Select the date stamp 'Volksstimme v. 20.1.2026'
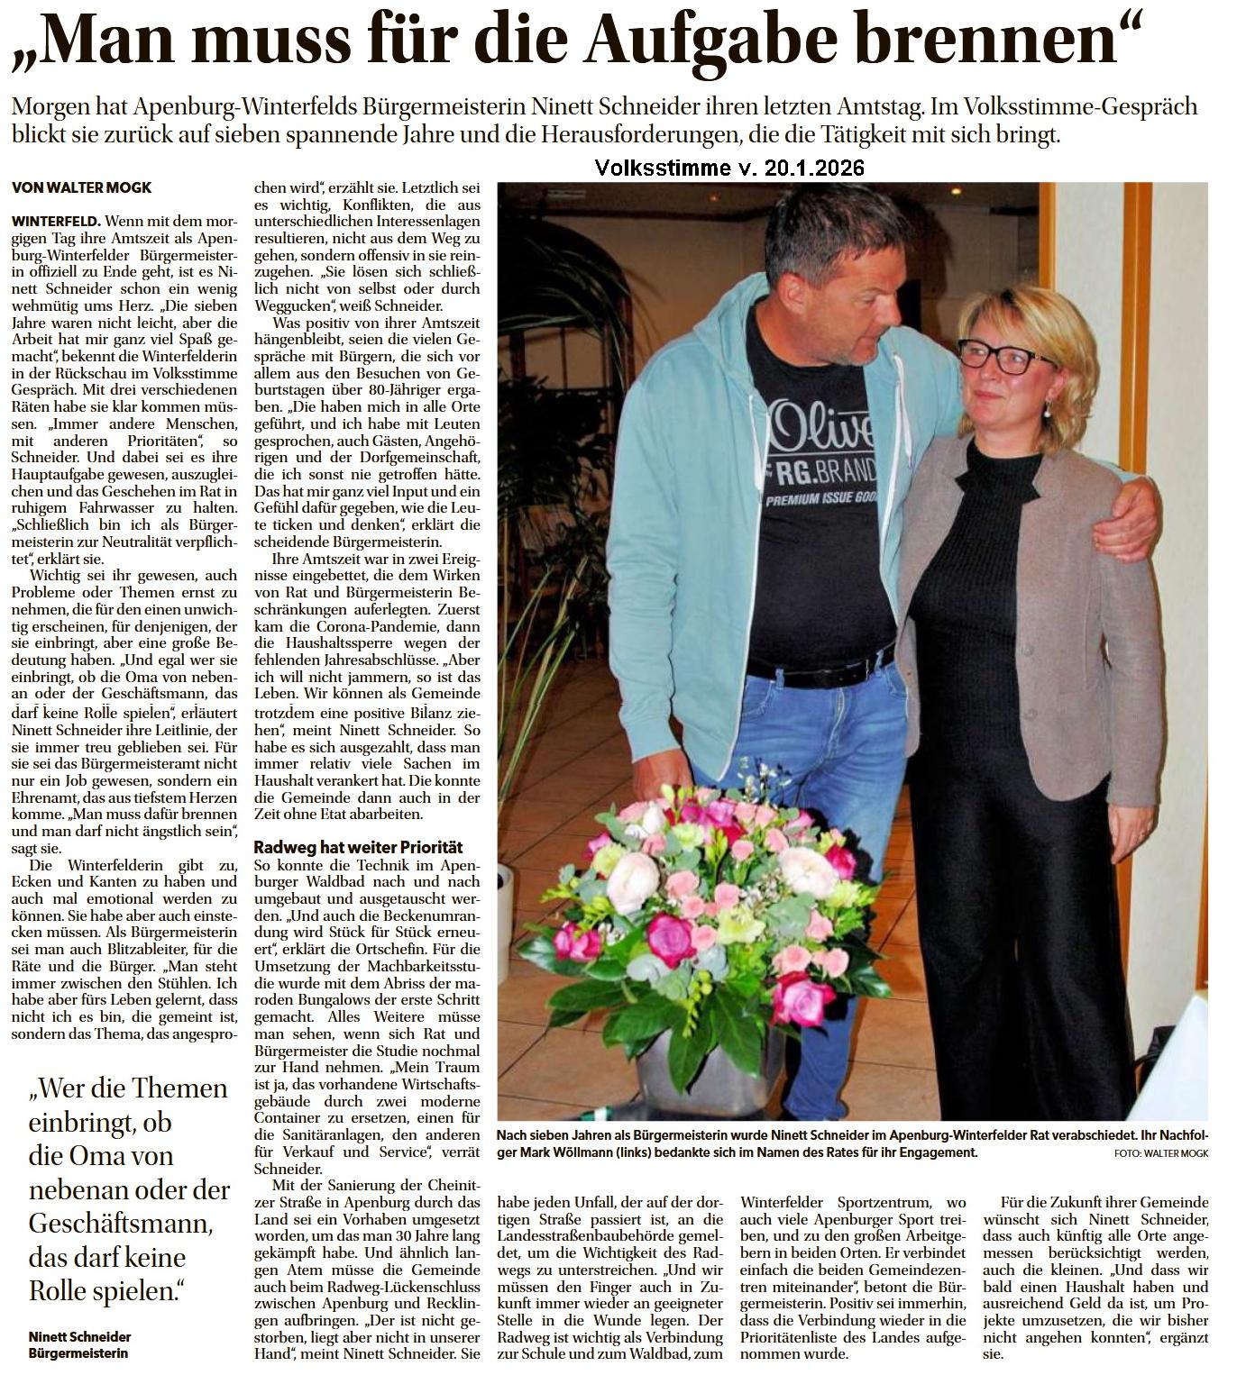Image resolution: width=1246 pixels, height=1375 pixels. coord(729,168)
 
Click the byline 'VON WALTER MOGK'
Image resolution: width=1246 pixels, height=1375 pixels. coord(82,187)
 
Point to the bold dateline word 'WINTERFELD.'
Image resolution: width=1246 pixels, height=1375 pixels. coord(56,221)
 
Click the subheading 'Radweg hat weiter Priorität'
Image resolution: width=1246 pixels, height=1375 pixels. coord(358,847)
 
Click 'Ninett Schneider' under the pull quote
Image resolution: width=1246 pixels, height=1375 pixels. coord(80,1336)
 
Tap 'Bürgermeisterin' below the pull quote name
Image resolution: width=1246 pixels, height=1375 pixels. coord(79,1353)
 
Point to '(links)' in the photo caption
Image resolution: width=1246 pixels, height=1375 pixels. coord(666,1152)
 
